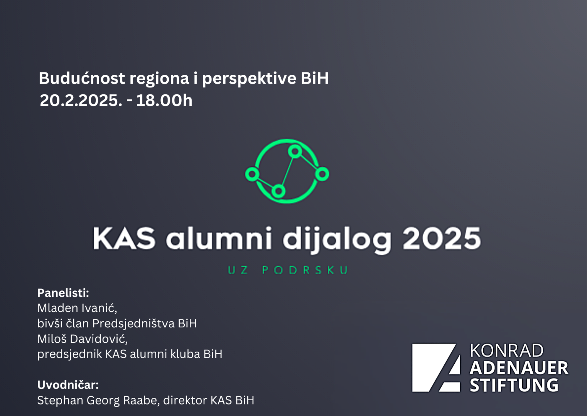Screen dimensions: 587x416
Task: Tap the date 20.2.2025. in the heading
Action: (x=81, y=100)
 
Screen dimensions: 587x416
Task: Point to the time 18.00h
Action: (x=164, y=100)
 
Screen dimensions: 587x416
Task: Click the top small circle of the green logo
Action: (x=295, y=151)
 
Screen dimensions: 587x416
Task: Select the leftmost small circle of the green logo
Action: (x=252, y=174)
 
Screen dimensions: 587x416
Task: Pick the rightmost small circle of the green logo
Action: (x=322, y=174)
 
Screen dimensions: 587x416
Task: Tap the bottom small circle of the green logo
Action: (x=278, y=191)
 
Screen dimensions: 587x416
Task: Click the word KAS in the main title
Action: (x=124, y=238)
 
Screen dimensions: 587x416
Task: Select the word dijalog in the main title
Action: (x=337, y=240)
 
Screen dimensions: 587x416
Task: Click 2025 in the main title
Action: (x=442, y=238)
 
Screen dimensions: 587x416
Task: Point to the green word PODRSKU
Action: (x=305, y=270)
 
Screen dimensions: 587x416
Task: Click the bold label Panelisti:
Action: (x=63, y=293)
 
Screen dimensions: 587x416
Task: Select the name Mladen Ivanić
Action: (x=77, y=308)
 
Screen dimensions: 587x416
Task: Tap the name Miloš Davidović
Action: (x=83, y=339)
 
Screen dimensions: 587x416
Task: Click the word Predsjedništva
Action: (x=133, y=324)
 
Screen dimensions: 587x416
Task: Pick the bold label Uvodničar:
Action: (x=68, y=385)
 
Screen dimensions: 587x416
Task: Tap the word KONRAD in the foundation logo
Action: (x=507, y=351)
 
